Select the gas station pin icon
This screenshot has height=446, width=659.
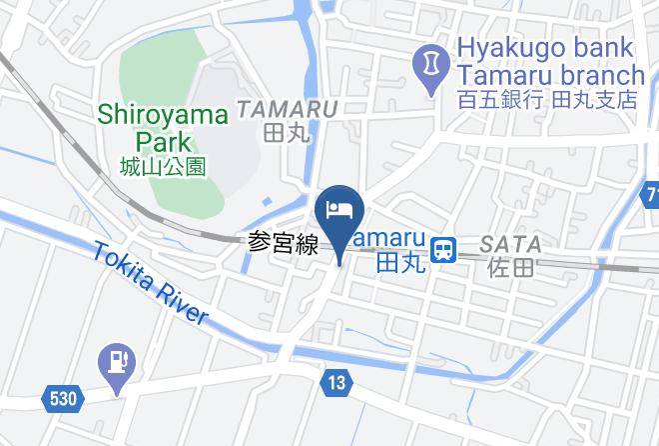(119, 359)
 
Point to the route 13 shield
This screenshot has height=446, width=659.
(335, 381)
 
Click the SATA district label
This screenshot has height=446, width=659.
(510, 244)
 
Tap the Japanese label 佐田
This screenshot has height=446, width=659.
(510, 267)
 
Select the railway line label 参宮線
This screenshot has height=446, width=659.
(283, 243)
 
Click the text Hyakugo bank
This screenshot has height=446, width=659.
(544, 47)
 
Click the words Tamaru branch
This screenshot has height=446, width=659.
(551, 75)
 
